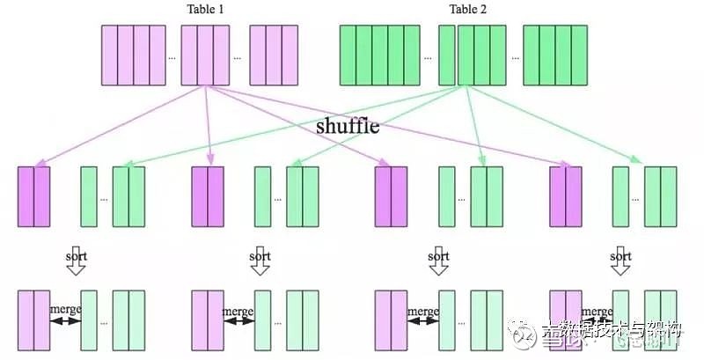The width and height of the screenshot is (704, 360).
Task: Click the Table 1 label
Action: pyautogui.click(x=205, y=10)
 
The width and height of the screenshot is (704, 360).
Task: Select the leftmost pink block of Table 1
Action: pyautogui.click(x=133, y=55)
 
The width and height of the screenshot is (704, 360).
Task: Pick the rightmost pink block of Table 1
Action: pyautogui.click(x=274, y=55)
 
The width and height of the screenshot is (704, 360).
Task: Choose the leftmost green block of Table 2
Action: pyautogui.click(x=379, y=55)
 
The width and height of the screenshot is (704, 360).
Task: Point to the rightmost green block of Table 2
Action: pyautogui.click(x=554, y=55)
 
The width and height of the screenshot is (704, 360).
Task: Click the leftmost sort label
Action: pyautogui.click(x=77, y=257)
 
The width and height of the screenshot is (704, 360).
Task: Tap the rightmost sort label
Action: pyautogui.click(x=621, y=257)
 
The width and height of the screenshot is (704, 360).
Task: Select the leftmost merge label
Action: pyautogui.click(x=65, y=311)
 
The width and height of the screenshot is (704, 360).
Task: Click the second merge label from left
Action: pyautogui.click(x=238, y=311)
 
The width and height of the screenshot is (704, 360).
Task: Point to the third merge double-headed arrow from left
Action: pyautogui.click(x=423, y=321)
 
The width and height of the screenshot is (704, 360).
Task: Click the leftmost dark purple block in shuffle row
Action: pyautogui.click(x=33, y=195)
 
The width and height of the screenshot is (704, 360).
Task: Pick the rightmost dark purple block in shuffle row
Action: pyautogui.click(x=566, y=195)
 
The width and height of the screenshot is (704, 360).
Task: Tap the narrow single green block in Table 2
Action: pyautogui.click(x=446, y=55)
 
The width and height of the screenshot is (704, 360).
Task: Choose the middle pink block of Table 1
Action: pyautogui.click(x=205, y=55)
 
